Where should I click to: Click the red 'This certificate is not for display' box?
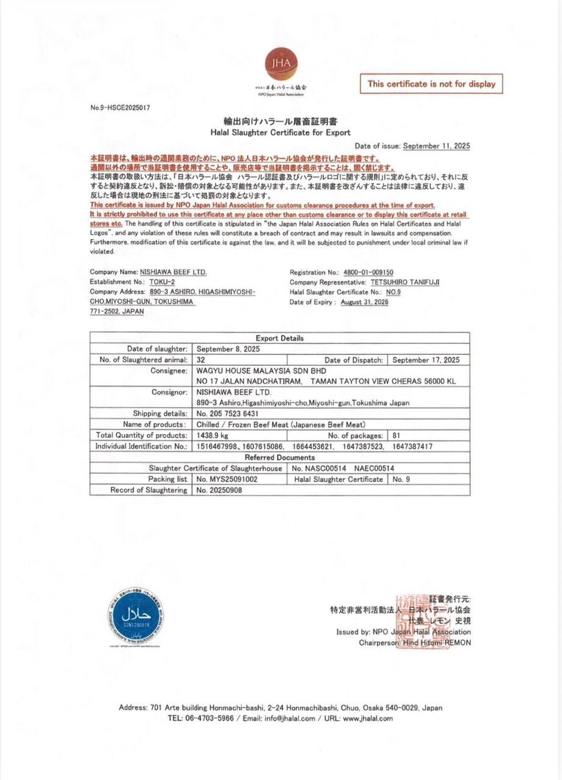pos(431,84)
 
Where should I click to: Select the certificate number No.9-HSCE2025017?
pos(120,108)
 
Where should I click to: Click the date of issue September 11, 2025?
pos(436,146)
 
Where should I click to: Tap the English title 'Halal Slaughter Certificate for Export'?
pos(280,132)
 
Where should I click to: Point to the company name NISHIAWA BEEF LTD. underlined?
pos(173,272)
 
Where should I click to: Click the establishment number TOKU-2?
pos(162,282)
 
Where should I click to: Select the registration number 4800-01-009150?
pos(368,272)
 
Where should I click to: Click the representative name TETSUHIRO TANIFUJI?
pos(405,282)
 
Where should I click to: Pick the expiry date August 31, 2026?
pos(364,302)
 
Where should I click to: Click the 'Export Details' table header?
pos(279,338)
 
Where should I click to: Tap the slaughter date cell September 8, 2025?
pos(228,349)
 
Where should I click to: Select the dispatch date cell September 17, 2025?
pos(426,360)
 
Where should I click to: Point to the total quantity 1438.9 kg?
pos(212,436)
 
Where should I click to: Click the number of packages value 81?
pos(396,436)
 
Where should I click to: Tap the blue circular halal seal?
pos(136,618)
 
